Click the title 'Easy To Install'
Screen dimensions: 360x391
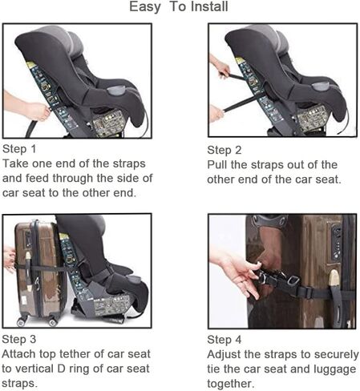pyautogui.click(x=179, y=6)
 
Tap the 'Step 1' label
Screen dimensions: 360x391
pyautogui.click(x=19, y=149)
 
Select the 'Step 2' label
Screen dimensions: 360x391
pyautogui.click(x=224, y=151)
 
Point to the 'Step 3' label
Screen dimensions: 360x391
pyautogui.click(x=19, y=339)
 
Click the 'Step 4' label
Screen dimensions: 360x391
pyautogui.click(x=224, y=340)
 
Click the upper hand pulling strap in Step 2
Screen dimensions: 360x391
pyautogui.click(x=220, y=67)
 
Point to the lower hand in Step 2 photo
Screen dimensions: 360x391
pyautogui.click(x=216, y=113)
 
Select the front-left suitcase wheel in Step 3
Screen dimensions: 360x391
pyautogui.click(x=21, y=322)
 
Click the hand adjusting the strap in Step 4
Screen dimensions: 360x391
pyautogui.click(x=235, y=275)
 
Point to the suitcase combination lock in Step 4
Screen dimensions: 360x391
pyautogui.click(x=336, y=242)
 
